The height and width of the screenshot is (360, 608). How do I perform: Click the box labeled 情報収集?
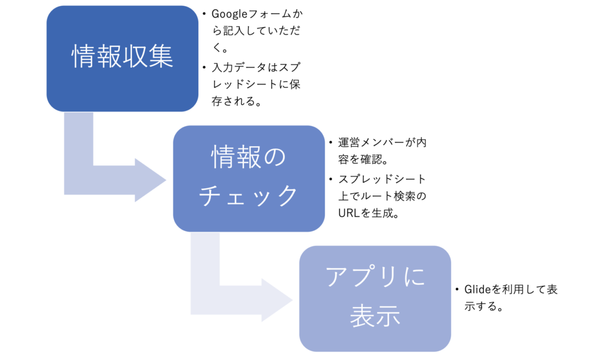(122, 59)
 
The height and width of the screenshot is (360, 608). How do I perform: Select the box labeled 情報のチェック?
(249, 178)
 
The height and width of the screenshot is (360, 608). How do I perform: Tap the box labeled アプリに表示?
(375, 298)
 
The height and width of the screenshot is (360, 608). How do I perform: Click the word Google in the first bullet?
(229, 14)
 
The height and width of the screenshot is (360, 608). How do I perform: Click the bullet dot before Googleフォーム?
(204, 14)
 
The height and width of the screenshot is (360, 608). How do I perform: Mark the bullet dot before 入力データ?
(204, 68)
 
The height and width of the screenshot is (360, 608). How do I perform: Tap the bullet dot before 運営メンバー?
(331, 143)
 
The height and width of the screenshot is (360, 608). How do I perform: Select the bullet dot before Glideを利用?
(457, 289)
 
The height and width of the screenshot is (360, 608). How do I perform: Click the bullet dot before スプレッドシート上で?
(331, 179)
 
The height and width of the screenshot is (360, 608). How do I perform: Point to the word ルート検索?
(388, 196)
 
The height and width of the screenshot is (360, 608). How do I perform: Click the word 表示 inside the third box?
(375, 315)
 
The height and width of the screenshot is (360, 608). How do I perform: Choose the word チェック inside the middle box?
(248, 195)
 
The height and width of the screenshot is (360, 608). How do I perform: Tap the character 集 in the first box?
(160, 56)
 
